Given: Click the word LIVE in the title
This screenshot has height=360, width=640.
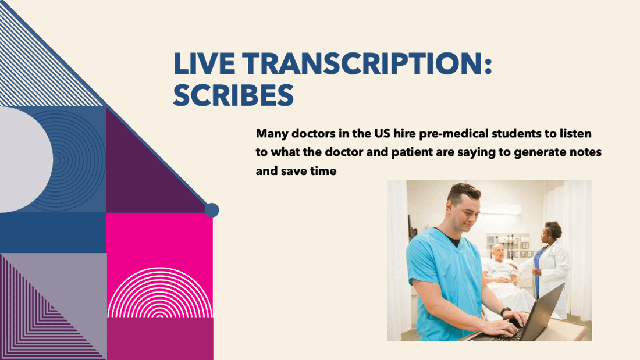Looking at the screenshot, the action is pos(204,63).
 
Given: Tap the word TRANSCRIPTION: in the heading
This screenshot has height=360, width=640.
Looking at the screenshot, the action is pos(367,63).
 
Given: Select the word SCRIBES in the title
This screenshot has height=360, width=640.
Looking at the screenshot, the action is pos(233,95).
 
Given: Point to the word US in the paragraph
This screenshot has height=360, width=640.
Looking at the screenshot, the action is pos(382,133).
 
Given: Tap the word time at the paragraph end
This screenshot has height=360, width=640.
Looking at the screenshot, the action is pos(323,171).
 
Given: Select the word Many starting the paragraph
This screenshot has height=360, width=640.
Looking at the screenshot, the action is pos(272,134).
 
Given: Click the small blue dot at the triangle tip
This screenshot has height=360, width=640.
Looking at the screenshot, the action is pos(212,210).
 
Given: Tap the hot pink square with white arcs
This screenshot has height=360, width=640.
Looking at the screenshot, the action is pos(159,265).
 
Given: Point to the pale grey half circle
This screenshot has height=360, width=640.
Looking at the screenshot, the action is pos(24,159).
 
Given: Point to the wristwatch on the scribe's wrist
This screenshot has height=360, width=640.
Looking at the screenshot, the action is pos(505,312).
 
